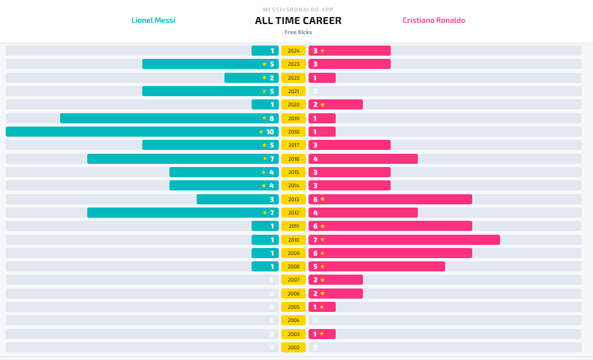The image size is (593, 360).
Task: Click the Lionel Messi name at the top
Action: [x=153, y=20]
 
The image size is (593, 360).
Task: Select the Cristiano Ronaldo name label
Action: [x=434, y=20]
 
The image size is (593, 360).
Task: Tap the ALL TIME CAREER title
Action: [x=298, y=20]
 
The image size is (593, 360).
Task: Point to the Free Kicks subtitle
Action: [x=298, y=32]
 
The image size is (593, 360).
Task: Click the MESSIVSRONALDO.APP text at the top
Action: [x=298, y=9]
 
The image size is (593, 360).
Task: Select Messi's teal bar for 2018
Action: [x=139, y=132]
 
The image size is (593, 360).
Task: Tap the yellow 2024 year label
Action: [x=293, y=51]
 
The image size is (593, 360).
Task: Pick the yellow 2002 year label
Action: [x=293, y=347]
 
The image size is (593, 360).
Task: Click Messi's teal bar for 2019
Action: [x=164, y=118]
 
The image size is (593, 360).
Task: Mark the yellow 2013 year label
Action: [x=293, y=199]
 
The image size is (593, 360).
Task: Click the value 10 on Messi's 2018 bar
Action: [x=270, y=132]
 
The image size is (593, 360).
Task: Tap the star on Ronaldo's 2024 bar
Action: [x=322, y=51]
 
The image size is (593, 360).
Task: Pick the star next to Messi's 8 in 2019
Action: [x=264, y=118]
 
